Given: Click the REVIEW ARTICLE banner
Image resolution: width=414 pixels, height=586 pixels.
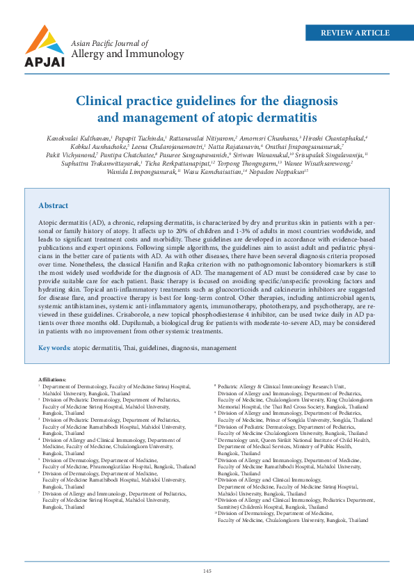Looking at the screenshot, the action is [x=355, y=33].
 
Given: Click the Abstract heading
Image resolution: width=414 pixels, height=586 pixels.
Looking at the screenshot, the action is [x=54, y=206].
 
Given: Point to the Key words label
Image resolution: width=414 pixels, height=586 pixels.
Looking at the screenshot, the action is [x=54, y=347].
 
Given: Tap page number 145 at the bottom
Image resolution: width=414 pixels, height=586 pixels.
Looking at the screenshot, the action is [x=207, y=571].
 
